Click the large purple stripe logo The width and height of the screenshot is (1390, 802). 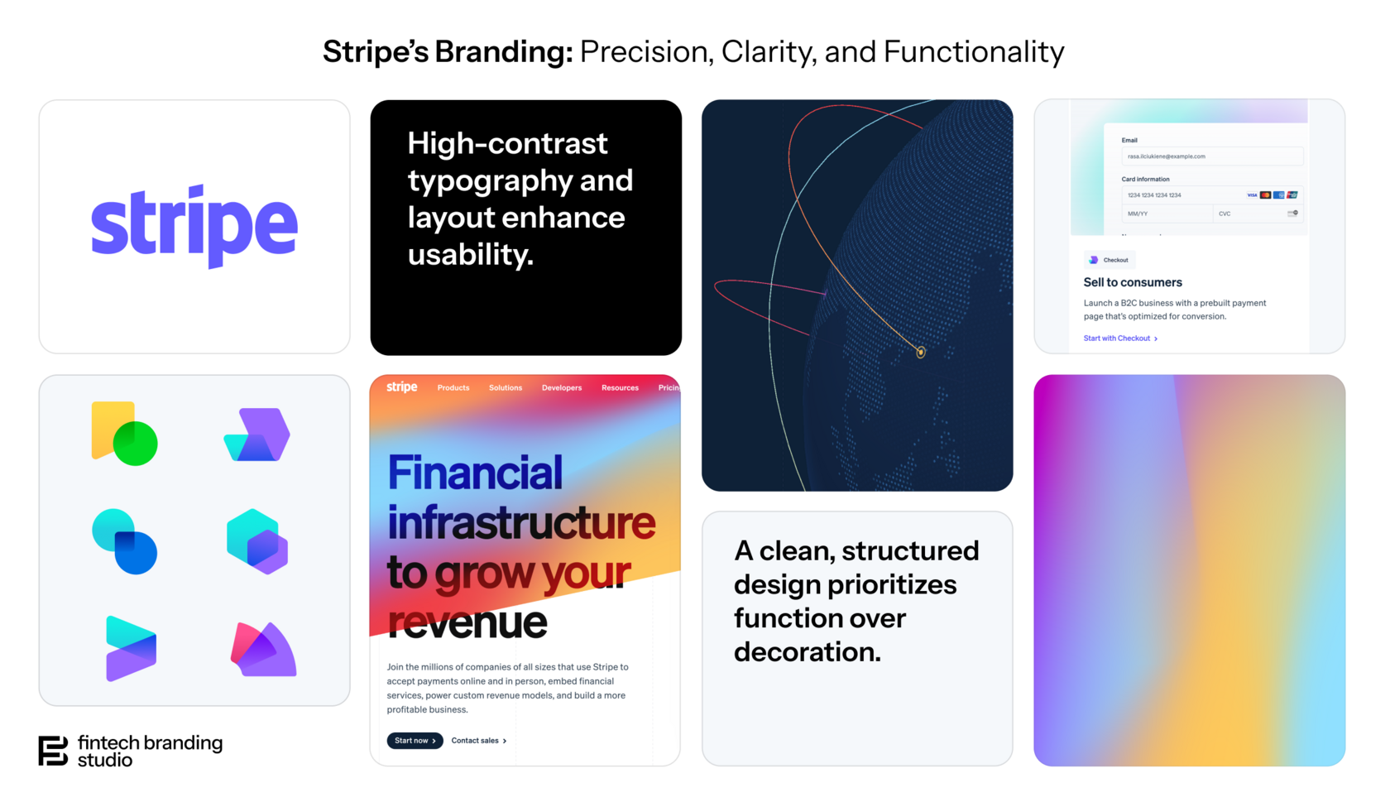click(x=194, y=224)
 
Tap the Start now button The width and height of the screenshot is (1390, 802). click(x=415, y=741)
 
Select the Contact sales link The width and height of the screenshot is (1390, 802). click(x=478, y=741)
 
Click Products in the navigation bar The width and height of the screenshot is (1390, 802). click(x=453, y=387)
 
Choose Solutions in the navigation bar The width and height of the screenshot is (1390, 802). click(x=506, y=387)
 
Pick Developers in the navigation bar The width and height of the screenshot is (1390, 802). click(x=562, y=387)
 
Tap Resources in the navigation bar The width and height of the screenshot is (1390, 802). click(x=620, y=387)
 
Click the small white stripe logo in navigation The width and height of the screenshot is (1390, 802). click(x=402, y=387)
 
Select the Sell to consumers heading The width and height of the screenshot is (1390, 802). click(x=1133, y=282)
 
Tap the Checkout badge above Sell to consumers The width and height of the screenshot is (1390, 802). click(x=1110, y=260)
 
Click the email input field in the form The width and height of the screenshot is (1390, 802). click(x=1211, y=156)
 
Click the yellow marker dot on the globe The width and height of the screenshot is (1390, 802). click(x=921, y=353)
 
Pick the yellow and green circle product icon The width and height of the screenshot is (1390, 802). click(x=124, y=434)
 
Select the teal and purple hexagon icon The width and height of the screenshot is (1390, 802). click(x=257, y=541)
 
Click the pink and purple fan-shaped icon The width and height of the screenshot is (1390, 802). click(x=263, y=650)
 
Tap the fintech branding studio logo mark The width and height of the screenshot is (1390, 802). click(x=53, y=751)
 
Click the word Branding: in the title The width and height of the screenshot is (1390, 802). click(x=504, y=51)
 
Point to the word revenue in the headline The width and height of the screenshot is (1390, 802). click(x=467, y=622)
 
